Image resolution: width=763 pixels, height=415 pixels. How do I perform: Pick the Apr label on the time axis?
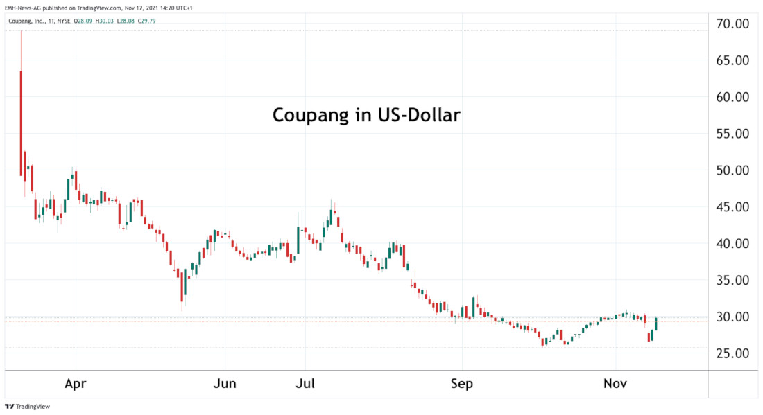pos(76,383)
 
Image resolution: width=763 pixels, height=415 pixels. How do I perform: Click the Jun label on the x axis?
pos(225,383)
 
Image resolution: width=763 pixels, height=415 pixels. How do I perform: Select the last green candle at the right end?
pos(655,323)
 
